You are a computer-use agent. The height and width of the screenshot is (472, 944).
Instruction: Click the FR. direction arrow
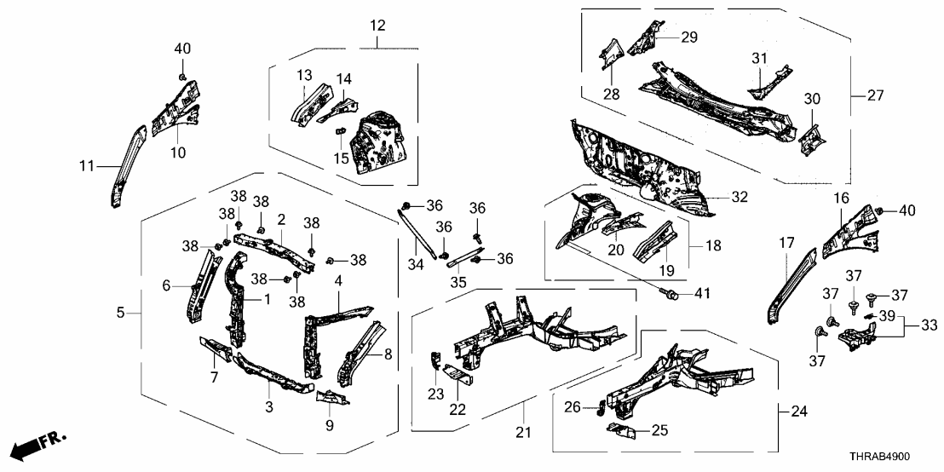tap(37, 446)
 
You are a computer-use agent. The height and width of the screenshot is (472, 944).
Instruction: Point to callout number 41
tap(701, 295)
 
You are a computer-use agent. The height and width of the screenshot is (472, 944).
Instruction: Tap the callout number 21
tap(523, 433)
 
